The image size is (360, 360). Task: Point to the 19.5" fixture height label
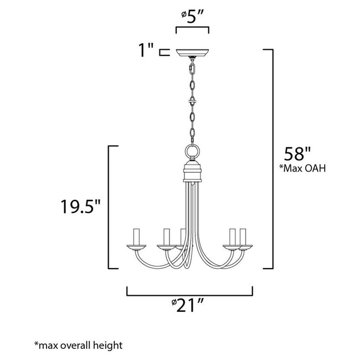80,208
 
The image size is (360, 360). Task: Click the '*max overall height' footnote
78,346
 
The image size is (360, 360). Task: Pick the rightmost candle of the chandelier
242,237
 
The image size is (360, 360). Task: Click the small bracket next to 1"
162,53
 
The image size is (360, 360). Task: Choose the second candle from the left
164,238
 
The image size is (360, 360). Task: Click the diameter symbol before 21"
174,304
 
